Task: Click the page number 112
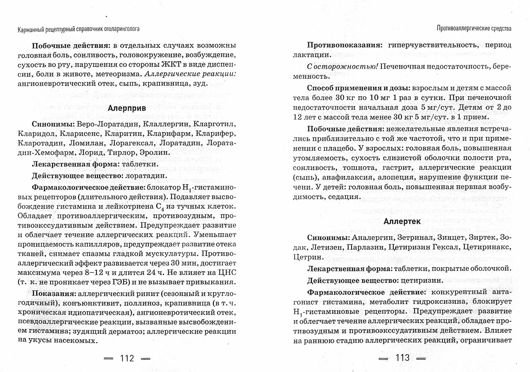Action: pyautogui.click(x=127, y=358)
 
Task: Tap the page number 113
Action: pyautogui.click(x=402, y=357)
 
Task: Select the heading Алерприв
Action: pyautogui.click(x=127, y=108)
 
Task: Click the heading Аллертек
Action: pyautogui.click(x=402, y=222)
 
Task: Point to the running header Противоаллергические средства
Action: pyautogui.click(x=474, y=28)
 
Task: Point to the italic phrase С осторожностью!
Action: pyautogui.click(x=342, y=67)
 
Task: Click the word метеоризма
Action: pyautogui.click(x=118, y=74)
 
